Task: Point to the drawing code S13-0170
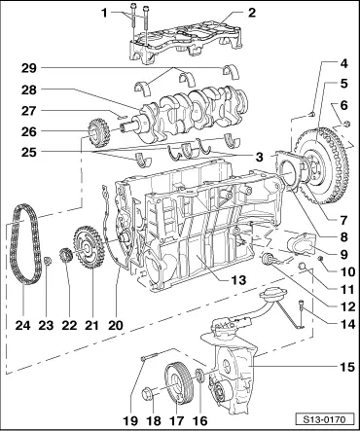[x=324, y=419]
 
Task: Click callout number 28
[x=29, y=90]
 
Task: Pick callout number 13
[x=238, y=279]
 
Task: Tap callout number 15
[x=346, y=367]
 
